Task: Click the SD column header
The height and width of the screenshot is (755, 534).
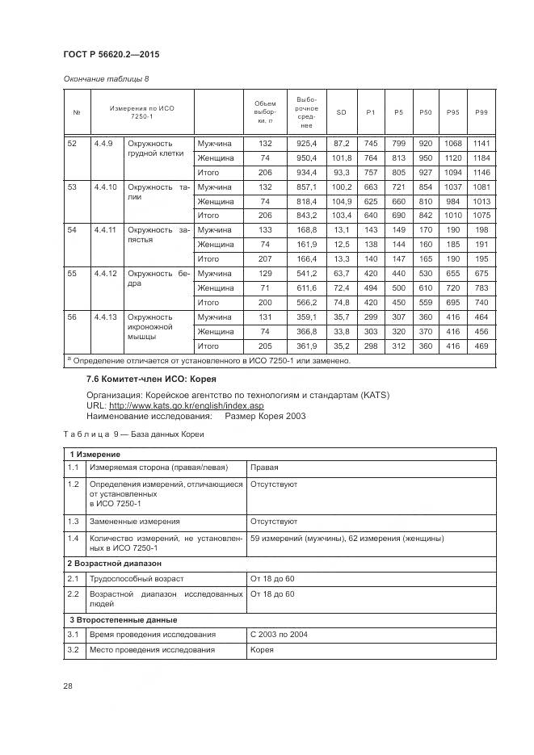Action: (x=341, y=111)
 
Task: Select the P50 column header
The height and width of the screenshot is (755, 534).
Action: (x=426, y=111)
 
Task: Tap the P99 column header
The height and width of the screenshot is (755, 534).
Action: (x=482, y=111)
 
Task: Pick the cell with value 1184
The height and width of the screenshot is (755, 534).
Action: (x=482, y=158)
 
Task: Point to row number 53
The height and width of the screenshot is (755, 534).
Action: (x=73, y=187)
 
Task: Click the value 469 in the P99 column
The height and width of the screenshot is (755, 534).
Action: (x=482, y=346)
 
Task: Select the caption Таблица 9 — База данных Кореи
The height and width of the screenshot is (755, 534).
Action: (x=134, y=434)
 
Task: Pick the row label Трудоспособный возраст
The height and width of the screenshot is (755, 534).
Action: (x=137, y=578)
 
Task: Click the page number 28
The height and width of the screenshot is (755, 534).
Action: (x=68, y=686)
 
